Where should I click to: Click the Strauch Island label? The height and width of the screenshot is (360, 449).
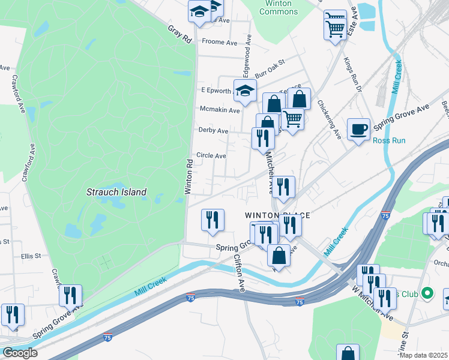pos(116,193)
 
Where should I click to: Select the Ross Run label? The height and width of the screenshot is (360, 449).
pos(389,140)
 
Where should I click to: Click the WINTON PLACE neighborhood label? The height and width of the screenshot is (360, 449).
pos(277,215)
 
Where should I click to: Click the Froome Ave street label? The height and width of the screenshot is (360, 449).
pos(220,42)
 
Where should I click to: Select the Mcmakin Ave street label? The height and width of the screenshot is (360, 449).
pos(220,110)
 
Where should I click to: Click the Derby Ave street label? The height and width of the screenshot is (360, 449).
pos(213,131)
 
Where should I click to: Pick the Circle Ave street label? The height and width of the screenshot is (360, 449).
pos(211,156)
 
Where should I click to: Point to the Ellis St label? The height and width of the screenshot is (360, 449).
pos(31,256)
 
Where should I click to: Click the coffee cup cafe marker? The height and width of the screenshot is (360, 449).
pos(358,130)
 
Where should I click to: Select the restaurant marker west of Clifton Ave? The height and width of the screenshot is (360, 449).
pos(212,220)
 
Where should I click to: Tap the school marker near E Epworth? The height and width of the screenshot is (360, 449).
pos(244,91)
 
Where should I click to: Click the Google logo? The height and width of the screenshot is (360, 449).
pos(19,353)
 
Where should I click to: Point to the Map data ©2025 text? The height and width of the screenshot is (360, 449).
pos(423,355)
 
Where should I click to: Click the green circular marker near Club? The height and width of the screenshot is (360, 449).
pos(427,293)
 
